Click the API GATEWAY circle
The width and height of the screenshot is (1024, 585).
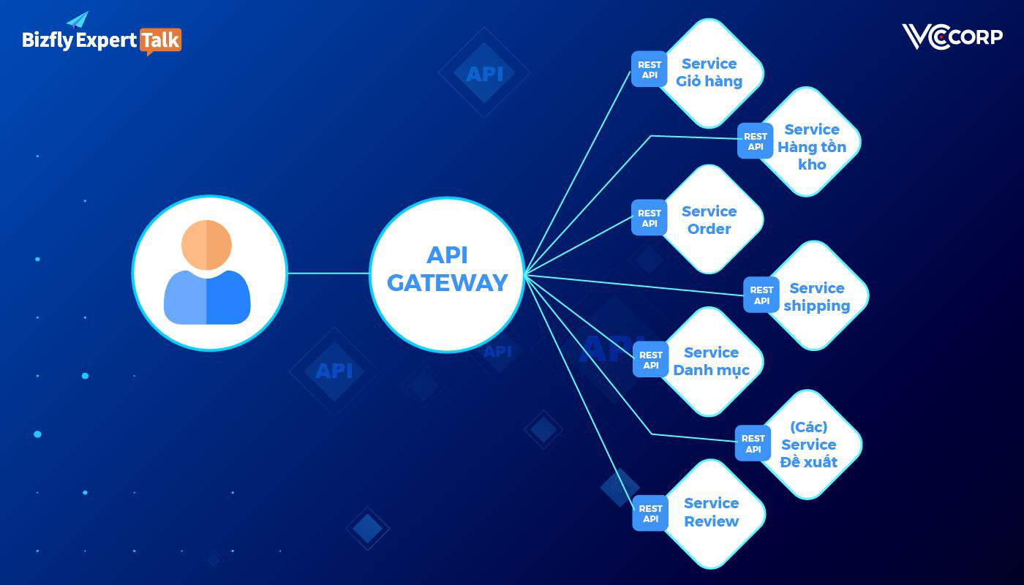pyautogui.click(x=447, y=273)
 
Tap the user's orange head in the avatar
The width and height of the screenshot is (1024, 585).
pyautogui.click(x=206, y=244)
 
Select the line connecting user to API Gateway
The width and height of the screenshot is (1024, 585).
pyautogui.click(x=328, y=273)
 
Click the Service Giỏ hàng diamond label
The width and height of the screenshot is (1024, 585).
pyautogui.click(x=709, y=72)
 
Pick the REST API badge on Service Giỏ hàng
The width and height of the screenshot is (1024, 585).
pyautogui.click(x=649, y=69)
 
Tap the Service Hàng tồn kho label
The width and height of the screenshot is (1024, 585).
pyautogui.click(x=812, y=146)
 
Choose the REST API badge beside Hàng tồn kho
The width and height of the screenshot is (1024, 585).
pyautogui.click(x=755, y=141)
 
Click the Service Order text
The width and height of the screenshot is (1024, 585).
pyautogui.click(x=709, y=220)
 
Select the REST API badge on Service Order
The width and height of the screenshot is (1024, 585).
pyautogui.click(x=649, y=218)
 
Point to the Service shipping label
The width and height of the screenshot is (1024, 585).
pyautogui.click(x=816, y=297)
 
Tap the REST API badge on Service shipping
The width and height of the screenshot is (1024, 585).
pyautogui.click(x=761, y=295)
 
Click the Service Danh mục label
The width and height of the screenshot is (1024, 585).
pyautogui.click(x=711, y=361)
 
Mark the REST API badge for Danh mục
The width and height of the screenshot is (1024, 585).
pyautogui.click(x=650, y=360)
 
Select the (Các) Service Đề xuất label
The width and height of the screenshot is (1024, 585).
pyautogui.click(x=808, y=445)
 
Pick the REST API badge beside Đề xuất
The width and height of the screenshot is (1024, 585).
pyautogui.click(x=753, y=444)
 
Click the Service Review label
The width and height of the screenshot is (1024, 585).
pyautogui.click(x=711, y=512)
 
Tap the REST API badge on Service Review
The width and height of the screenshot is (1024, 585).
pyautogui.click(x=650, y=513)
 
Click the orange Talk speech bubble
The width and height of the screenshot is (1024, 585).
pyautogui.click(x=160, y=41)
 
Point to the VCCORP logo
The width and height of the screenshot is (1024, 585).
pyautogui.click(x=952, y=37)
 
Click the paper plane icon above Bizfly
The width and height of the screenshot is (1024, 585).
pyautogui.click(x=78, y=20)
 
